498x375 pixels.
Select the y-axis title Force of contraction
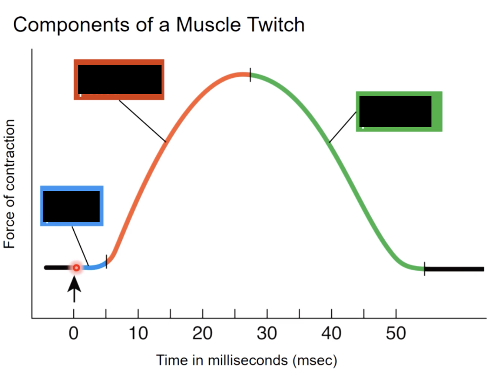click(10, 184)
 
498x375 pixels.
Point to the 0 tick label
click(74, 334)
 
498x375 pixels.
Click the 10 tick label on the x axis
click(138, 334)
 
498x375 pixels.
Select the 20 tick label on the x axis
click(203, 334)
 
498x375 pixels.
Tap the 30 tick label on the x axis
click(267, 334)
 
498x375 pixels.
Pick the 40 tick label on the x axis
click(331, 334)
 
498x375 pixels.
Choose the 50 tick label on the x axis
click(396, 334)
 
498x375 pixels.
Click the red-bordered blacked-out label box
click(119, 80)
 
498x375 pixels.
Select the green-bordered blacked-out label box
click(398, 111)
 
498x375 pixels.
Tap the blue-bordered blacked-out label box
click(72, 205)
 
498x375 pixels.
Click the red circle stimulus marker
click(76, 267)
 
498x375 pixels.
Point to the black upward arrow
click(74, 288)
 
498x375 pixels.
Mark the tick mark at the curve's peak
click(250, 74)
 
